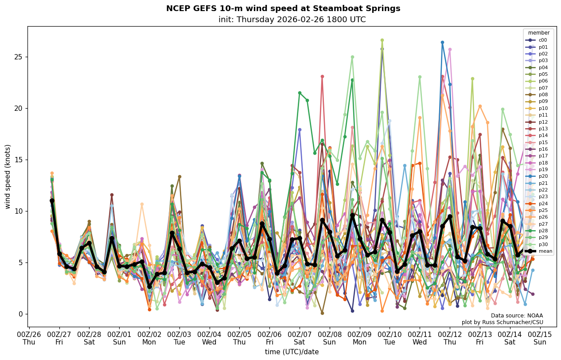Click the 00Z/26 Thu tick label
point(29,338)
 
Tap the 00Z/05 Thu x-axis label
point(239,338)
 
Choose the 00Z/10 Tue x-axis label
point(390,338)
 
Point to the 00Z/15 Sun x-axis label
point(540,338)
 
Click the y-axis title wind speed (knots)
point(8,176)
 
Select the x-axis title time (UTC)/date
point(292,352)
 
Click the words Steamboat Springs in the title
point(362,8)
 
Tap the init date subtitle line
point(292,20)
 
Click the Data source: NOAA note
point(517,316)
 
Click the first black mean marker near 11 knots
point(52,201)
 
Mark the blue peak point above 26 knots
point(442,43)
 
